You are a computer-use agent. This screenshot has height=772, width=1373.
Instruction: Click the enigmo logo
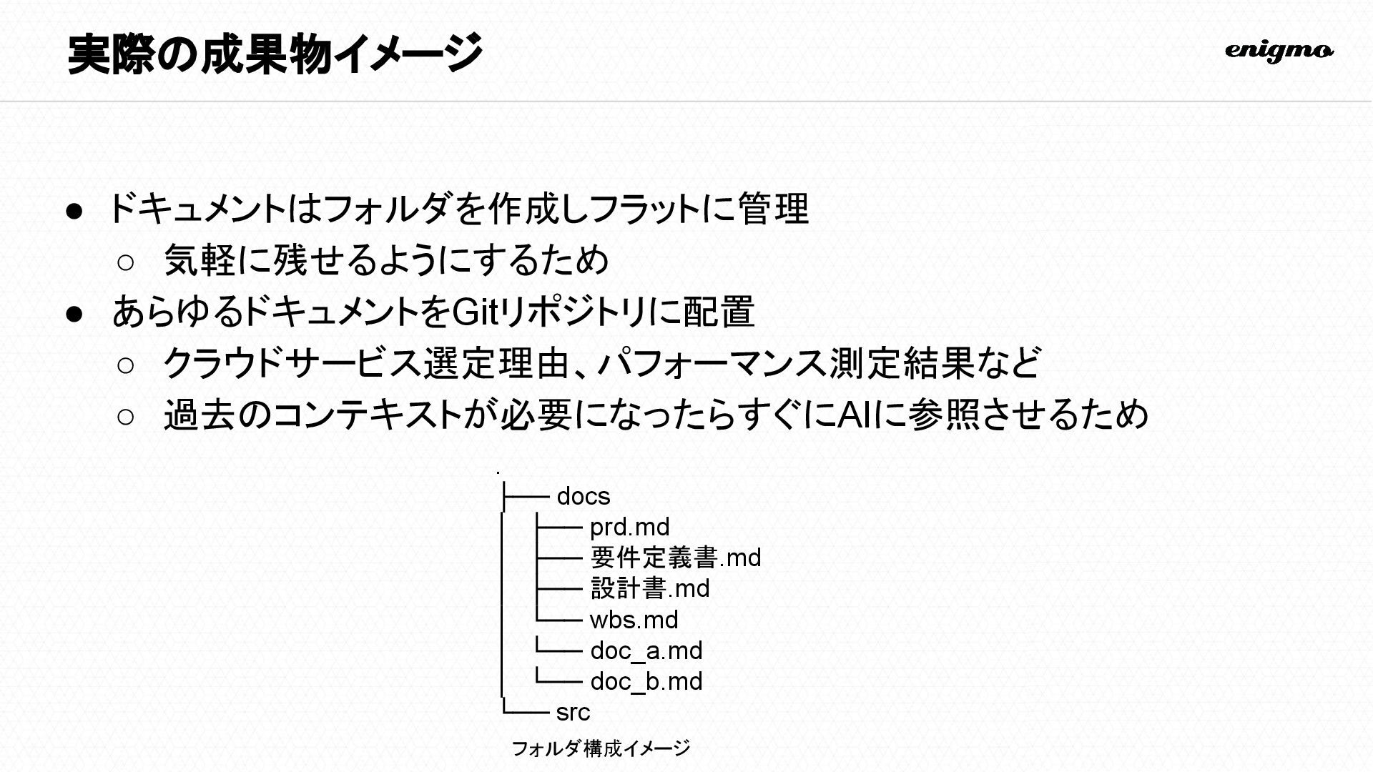pos(1279,51)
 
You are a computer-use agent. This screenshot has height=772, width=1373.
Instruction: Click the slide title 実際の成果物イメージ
pos(275,54)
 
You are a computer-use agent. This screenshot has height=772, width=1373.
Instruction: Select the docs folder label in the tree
pos(583,496)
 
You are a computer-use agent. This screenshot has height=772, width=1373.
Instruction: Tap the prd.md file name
pos(629,527)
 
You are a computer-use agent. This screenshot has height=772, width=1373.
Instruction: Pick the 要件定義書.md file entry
pos(676,558)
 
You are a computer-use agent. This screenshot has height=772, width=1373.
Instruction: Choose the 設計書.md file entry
pos(650,588)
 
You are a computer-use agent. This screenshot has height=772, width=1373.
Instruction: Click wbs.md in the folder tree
pos(634,620)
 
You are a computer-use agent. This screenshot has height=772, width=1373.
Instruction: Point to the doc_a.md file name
pos(646,650)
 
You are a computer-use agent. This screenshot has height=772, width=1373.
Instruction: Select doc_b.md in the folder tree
pos(646,681)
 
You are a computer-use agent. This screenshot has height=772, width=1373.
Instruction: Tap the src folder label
pos(573,712)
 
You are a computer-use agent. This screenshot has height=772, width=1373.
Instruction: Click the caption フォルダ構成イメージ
pos(601,748)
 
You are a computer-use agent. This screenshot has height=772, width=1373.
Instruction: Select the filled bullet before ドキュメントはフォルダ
pos(75,211)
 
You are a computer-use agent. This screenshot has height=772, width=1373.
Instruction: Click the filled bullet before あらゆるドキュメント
pos(75,314)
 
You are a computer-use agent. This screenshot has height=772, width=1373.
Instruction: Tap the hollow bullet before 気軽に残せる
pos(125,262)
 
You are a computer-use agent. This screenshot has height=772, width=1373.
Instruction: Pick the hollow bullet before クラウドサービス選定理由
pos(125,365)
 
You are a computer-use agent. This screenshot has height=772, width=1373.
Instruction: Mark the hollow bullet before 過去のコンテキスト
pos(125,417)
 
